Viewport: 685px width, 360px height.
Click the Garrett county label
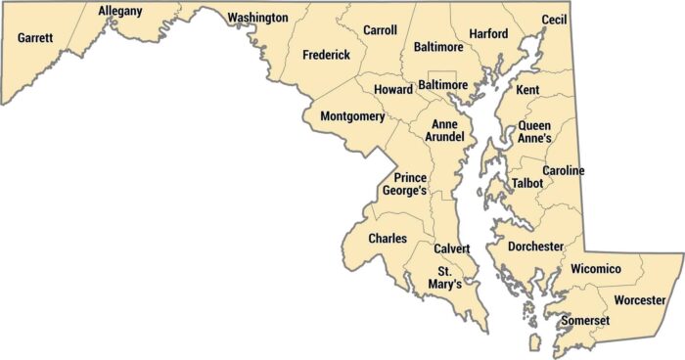pyautogui.click(x=35, y=38)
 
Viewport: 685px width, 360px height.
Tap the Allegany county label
pyautogui.click(x=120, y=11)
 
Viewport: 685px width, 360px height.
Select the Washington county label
pyautogui.click(x=257, y=18)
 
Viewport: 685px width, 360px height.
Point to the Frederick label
pyautogui.click(x=326, y=55)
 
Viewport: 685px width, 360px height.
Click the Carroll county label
pyautogui.click(x=380, y=30)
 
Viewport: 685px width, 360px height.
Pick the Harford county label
pyautogui.click(x=488, y=34)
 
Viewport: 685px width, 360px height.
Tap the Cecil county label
pyautogui.click(x=555, y=20)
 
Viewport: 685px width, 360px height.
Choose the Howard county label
pyautogui.click(x=393, y=90)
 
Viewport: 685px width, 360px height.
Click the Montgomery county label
pyautogui.click(x=352, y=116)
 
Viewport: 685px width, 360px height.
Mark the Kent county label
pyautogui.click(x=527, y=90)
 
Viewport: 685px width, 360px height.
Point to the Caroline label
pyautogui.click(x=564, y=171)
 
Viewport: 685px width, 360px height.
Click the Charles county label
pyautogui.click(x=388, y=238)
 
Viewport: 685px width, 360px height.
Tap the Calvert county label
pyautogui.click(x=452, y=248)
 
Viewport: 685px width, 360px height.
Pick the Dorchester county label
pyautogui.click(x=536, y=247)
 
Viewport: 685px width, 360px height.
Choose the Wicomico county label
pyautogui.click(x=596, y=268)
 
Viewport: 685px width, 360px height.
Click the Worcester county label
pyautogui.click(x=640, y=299)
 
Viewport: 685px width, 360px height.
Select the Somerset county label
pyautogui.click(x=586, y=320)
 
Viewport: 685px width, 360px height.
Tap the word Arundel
pyautogui.click(x=442, y=138)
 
